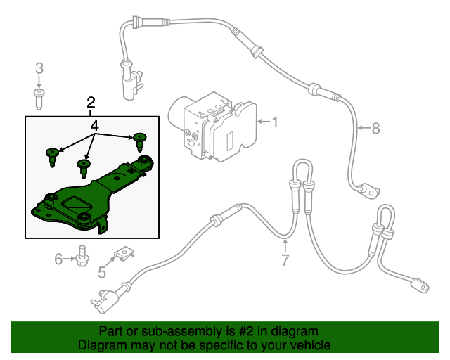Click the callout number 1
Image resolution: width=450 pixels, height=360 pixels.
coord(275,122)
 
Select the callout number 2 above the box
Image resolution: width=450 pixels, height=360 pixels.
coord(91,103)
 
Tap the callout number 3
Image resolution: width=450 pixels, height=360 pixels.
coord(39,68)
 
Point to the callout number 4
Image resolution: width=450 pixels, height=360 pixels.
coord(94,126)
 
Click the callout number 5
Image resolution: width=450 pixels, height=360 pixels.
coord(102,272)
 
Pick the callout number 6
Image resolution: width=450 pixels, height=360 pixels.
coord(59,259)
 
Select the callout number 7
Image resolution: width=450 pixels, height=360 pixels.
coord(285,260)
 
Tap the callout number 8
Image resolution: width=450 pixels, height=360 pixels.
coord(375,128)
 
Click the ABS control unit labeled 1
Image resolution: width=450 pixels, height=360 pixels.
coord(214,126)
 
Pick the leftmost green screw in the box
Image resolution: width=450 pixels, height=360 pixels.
coord(52,155)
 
